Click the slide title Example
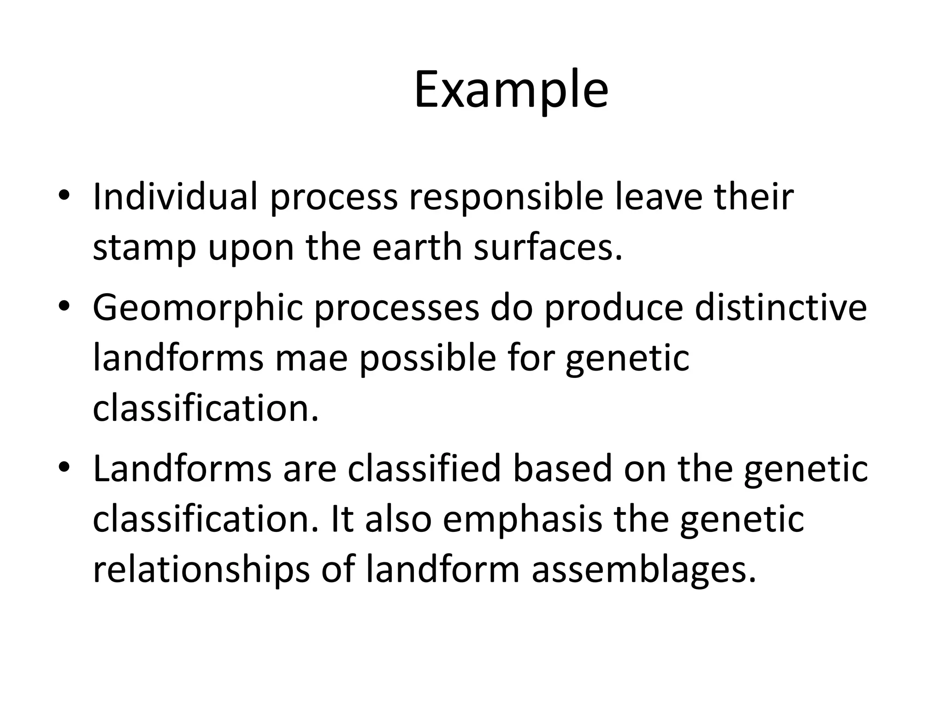511,90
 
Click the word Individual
175,197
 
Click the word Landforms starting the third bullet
182,469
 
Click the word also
398,519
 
